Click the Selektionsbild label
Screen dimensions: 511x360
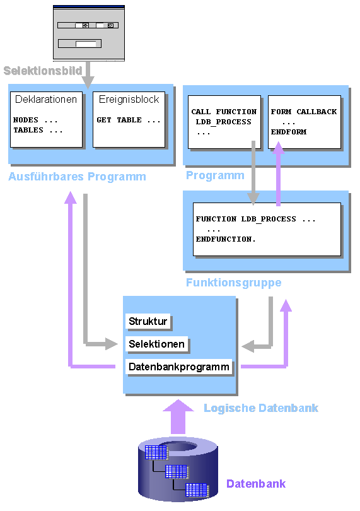tap(43, 71)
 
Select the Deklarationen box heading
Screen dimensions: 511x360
tap(46, 100)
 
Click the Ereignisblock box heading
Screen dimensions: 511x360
tap(129, 100)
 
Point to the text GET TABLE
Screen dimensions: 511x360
tap(129, 120)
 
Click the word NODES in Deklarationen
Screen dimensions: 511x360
tap(26, 120)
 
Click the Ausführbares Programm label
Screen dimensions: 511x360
tap(77, 177)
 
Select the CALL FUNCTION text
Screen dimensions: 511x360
tap(224, 112)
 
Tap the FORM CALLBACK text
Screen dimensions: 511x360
tap(304, 112)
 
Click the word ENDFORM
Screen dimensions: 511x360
tap(287, 132)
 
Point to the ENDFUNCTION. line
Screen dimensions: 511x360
tap(226, 240)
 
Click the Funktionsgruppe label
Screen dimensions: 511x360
tap(233, 283)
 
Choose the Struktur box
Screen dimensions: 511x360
tap(148, 322)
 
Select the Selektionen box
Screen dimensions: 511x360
tap(157, 344)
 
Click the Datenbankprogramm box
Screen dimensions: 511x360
tap(179, 367)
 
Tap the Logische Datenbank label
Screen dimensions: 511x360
tap(260, 408)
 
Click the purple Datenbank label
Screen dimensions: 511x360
tap(256, 484)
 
